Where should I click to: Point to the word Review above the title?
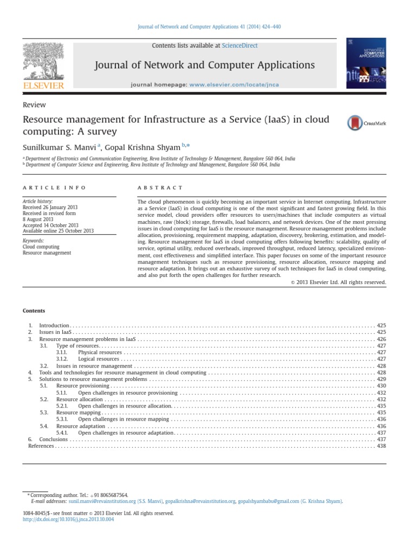coord(34,105)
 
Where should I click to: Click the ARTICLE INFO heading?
coord(54,188)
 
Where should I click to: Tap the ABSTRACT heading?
coord(161,188)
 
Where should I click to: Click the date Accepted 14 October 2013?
coord(50,225)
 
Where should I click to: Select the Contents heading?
coord(34,311)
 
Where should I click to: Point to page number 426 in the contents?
coord(381,338)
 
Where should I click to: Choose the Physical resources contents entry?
coord(100,352)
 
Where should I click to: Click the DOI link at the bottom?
coord(68,519)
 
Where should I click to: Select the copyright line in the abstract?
coord(338,282)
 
